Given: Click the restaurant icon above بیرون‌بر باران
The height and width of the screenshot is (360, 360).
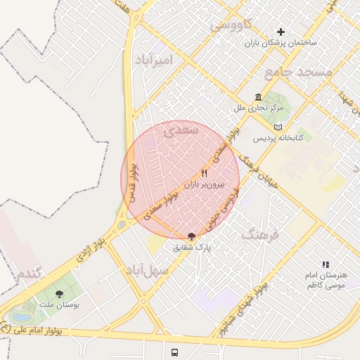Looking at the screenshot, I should click(205, 173).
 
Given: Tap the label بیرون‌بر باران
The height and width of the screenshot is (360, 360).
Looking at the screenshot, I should click(205, 185).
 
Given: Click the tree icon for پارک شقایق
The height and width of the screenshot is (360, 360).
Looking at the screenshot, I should click(191, 237).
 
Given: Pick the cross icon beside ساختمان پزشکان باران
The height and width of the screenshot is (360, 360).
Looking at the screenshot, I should click(281, 32).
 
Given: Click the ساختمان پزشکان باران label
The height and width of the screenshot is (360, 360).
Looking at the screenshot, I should click(281, 43).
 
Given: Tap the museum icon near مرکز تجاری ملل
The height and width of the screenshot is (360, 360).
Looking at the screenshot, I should click(259, 97).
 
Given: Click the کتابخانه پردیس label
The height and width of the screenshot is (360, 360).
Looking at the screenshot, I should click(278, 139).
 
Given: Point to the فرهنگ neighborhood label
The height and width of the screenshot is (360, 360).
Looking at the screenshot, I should click(260, 234).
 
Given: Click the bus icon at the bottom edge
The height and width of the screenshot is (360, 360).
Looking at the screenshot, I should click(174, 352).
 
